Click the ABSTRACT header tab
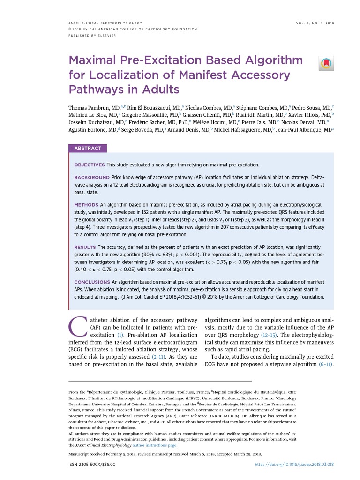click(x=88, y=148)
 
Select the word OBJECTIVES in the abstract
click(x=90, y=165)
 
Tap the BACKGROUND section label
click(x=92, y=178)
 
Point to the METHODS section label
click(x=86, y=205)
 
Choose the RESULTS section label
click(x=85, y=247)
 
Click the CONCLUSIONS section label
click(x=92, y=282)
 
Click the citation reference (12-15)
click(x=269, y=335)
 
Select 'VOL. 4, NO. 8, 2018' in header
click(x=315, y=22)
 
